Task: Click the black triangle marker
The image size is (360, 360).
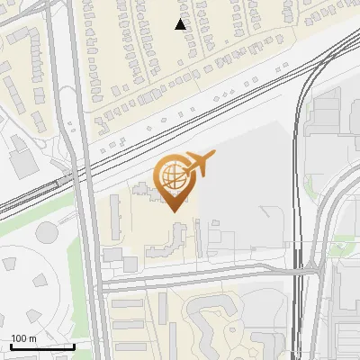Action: [180, 24]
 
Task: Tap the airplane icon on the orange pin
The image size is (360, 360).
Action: [198, 164]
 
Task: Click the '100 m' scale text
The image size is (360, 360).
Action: [24, 337]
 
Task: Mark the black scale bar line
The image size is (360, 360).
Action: [42, 346]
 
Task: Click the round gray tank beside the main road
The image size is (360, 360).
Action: [47, 232]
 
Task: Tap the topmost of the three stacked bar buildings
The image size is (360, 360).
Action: [129, 303]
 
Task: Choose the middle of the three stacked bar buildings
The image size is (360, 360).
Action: [129, 321]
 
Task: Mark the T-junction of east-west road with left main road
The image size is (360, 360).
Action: [99, 284]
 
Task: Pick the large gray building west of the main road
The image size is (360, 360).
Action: [20, 162]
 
